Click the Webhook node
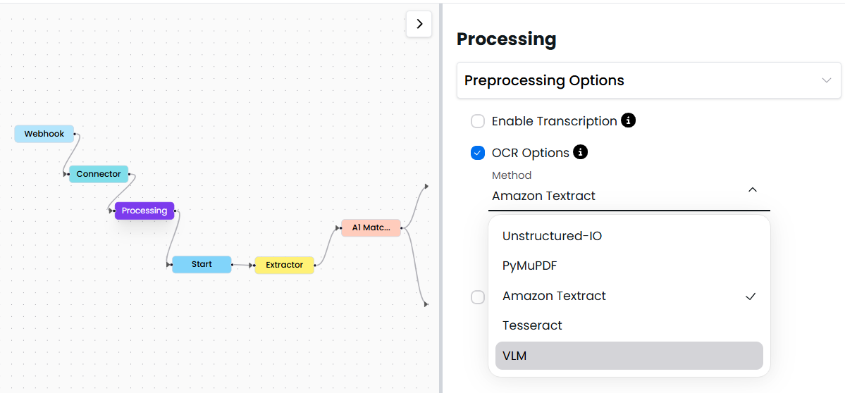tap(44, 134)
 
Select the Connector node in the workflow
tap(99, 174)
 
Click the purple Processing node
tap(144, 211)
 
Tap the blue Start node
tap(202, 264)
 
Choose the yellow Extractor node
tap(284, 265)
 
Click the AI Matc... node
tap(371, 227)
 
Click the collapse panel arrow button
tap(419, 24)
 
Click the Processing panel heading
tap(506, 39)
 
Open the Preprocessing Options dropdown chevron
tap(827, 80)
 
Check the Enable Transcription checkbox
tap(478, 121)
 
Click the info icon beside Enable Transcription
tap(628, 120)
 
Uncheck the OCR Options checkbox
tap(478, 153)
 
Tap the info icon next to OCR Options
tap(580, 152)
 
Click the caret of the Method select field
tap(753, 189)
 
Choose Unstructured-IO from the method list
tap(552, 236)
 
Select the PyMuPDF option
tap(529, 266)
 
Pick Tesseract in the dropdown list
tap(532, 325)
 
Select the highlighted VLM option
tap(514, 356)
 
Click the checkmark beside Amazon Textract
tap(751, 297)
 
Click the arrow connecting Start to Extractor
tap(242, 265)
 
